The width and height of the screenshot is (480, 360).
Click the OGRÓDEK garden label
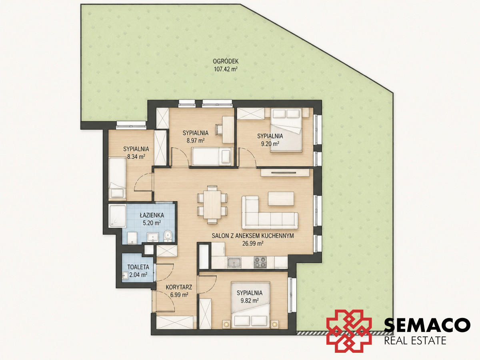coord(226,61)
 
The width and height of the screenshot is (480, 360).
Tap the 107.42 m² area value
coord(226,69)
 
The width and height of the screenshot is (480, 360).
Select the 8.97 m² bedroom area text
coord(196,140)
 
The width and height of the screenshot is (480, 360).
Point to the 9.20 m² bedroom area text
coord(270,144)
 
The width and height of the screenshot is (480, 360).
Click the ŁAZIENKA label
coord(152,215)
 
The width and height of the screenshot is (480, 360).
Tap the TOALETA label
coord(138,267)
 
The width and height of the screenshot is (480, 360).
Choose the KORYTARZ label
coord(179,287)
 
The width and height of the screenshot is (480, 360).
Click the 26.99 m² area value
coord(252,243)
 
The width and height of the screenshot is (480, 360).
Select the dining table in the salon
coord(212,204)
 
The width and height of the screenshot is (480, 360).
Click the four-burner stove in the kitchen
coord(260,262)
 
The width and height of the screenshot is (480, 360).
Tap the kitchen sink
coord(234,262)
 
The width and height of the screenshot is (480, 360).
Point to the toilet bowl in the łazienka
coord(168,236)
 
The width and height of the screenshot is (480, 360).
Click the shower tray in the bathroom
coord(118,216)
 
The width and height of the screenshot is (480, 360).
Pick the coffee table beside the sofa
coord(281,198)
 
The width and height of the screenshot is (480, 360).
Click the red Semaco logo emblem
coord(349,331)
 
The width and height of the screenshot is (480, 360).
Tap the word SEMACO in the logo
coord(427,325)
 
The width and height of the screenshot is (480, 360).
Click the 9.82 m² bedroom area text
coord(250,300)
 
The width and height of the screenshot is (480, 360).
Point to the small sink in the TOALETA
coord(125,276)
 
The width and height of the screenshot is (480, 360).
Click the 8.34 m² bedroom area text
coord(136,156)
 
